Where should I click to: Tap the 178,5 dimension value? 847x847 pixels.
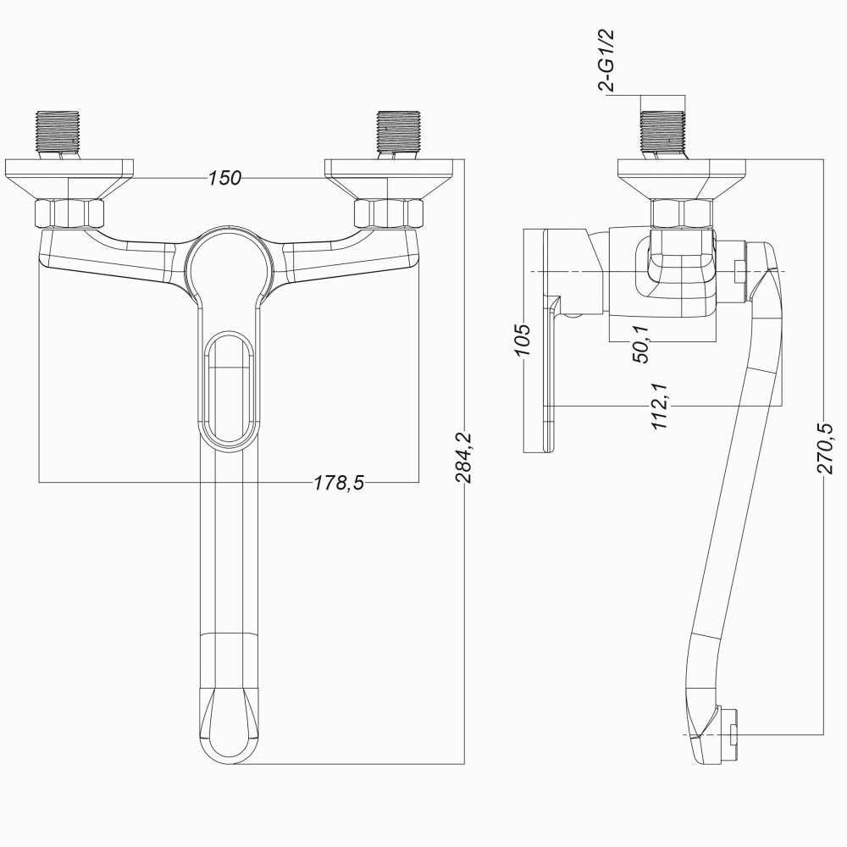pyautogui.click(x=340, y=483)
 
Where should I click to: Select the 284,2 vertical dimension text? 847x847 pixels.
pyautogui.click(x=465, y=457)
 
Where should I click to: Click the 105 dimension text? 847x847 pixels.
pyautogui.click(x=523, y=339)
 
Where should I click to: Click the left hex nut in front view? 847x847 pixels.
pyautogui.click(x=69, y=213)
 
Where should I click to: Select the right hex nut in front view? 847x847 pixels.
pyautogui.click(x=388, y=213)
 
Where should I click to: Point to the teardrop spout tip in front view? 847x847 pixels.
pyautogui.click(x=227, y=724)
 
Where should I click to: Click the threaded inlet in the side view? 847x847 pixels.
pyautogui.click(x=664, y=132)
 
